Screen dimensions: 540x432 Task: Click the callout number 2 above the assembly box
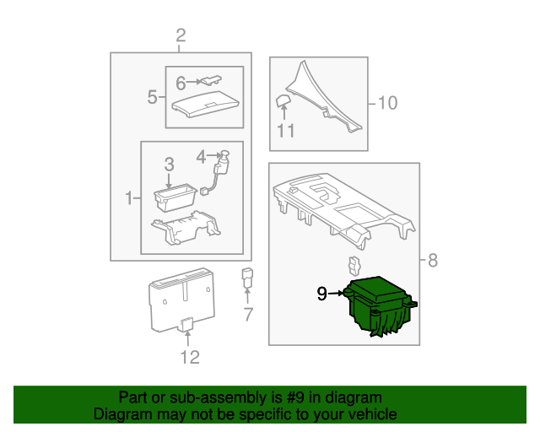click(181, 35)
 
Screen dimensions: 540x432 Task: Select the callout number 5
click(152, 97)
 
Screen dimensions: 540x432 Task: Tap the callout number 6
click(181, 83)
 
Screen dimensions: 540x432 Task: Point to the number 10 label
click(388, 103)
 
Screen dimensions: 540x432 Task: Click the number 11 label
click(286, 131)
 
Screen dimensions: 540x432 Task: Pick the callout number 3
click(169, 165)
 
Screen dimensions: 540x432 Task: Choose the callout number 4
click(201, 157)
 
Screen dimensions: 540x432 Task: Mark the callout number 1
click(129, 198)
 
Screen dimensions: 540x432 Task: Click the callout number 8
click(433, 260)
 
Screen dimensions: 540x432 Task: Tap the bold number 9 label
click(321, 294)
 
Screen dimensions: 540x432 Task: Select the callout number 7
click(248, 314)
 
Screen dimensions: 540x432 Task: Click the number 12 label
click(190, 357)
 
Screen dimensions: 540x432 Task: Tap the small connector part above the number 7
click(247, 277)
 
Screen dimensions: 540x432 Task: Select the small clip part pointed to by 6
click(212, 80)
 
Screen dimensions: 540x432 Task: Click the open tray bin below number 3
click(175, 197)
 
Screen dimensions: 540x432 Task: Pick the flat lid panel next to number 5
click(205, 105)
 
